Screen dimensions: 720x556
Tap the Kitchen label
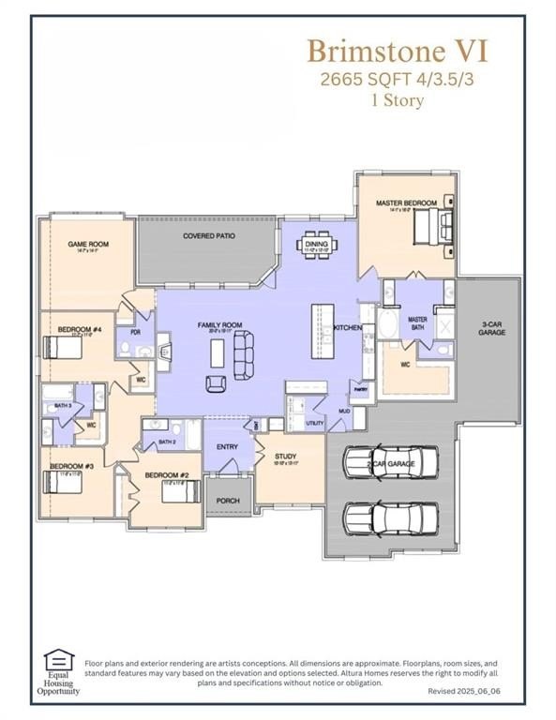pyautogui.click(x=348, y=327)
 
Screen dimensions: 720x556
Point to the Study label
pyautogui.click(x=284, y=457)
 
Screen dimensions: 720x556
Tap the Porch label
pyautogui.click(x=228, y=501)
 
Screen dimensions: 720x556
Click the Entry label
pyautogui.click(x=227, y=447)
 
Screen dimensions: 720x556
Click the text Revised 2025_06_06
pyautogui.click(x=464, y=690)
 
